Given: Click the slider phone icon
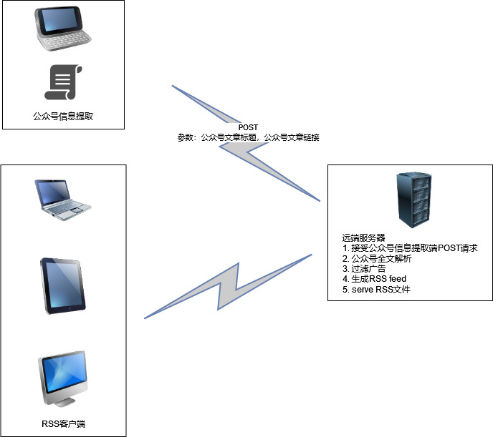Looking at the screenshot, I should click(63, 30).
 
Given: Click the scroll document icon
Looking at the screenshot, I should click(63, 82).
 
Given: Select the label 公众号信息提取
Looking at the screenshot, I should click(63, 115).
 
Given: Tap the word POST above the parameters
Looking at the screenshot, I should click(248, 127).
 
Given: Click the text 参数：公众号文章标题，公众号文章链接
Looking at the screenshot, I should click(248, 137).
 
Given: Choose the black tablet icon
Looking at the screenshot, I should click(63, 285).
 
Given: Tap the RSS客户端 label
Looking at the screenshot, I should click(63, 424).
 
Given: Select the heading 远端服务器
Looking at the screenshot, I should click(364, 237).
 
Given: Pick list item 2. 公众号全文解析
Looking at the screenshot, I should click(377, 258).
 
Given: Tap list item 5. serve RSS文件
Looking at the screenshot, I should click(376, 289).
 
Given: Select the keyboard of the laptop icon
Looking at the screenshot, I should click(66, 209).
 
